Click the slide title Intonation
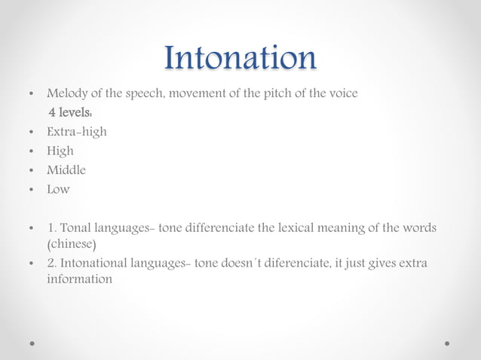click(240, 58)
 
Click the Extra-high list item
click(77, 132)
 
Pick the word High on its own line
click(60, 151)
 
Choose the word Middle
click(66, 170)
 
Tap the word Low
click(58, 189)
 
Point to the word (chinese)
click(72, 245)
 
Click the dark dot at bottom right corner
click(447, 343)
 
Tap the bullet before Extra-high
click(30, 133)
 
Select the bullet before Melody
click(30, 95)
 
